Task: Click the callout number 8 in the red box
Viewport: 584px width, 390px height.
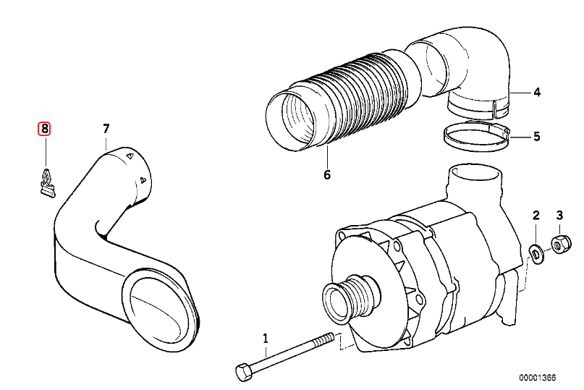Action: [45, 129]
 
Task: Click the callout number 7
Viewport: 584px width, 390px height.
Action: [106, 129]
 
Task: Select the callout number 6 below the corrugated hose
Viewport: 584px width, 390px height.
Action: [326, 174]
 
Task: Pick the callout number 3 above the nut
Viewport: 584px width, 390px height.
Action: [559, 215]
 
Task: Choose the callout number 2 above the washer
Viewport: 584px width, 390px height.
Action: [536, 215]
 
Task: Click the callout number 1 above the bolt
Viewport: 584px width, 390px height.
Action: [265, 338]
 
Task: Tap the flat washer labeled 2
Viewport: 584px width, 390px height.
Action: [536, 253]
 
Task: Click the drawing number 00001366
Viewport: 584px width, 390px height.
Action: [536, 377]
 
